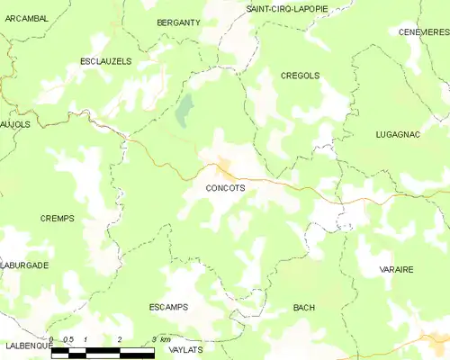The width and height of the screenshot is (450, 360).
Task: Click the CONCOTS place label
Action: pos(219,189)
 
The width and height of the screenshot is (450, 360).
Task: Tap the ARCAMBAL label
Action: pos(25,16)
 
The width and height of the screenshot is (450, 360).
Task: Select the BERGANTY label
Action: pos(177,22)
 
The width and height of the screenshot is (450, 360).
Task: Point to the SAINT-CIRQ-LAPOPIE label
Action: pos(287,8)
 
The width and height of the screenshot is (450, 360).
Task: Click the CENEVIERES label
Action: pos(424,31)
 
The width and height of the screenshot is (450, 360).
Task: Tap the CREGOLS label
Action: pos(300,76)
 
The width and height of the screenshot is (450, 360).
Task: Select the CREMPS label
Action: pos(57,219)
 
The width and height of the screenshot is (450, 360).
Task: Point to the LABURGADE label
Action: pos(25,265)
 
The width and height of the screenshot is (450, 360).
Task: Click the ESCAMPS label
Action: pos(168,307)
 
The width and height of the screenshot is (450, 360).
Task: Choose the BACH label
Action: pos(303,308)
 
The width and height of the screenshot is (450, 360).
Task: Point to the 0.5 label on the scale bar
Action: pos(68,339)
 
